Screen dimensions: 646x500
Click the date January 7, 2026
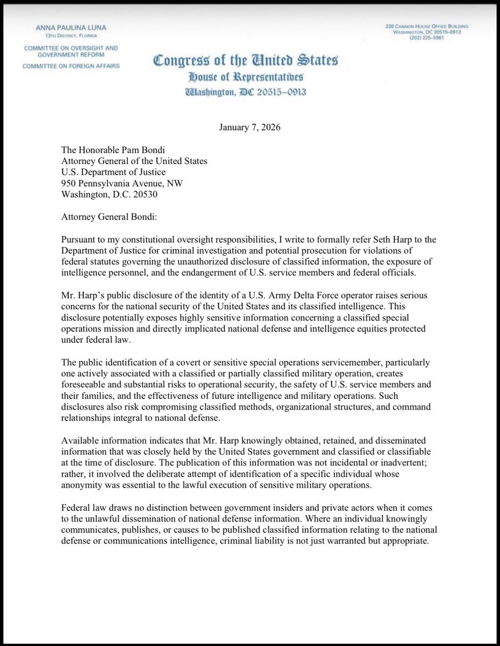(x=249, y=128)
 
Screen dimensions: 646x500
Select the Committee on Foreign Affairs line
(x=71, y=66)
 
